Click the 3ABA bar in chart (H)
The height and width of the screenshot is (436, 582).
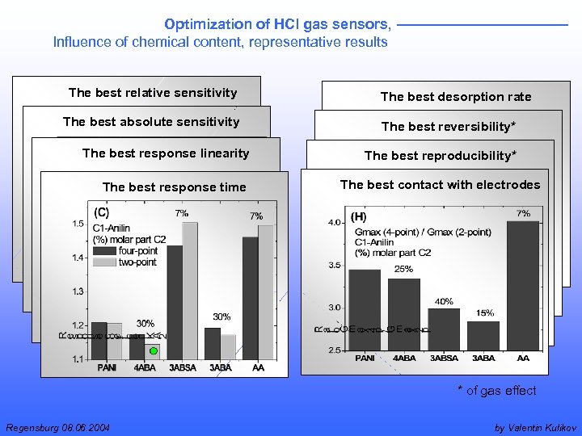[x=483, y=335]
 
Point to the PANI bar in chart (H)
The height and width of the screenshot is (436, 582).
[x=365, y=310]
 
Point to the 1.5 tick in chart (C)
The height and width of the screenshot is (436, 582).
[x=78, y=224]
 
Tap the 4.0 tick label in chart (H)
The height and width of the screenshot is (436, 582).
[x=333, y=222]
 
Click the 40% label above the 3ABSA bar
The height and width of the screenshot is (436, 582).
[x=444, y=301]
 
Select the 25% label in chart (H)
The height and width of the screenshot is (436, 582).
[x=403, y=269]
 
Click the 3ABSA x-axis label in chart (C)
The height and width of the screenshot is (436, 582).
[x=182, y=367]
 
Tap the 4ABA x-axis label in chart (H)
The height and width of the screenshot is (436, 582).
[x=403, y=358]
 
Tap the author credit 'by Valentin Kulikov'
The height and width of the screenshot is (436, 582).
[x=533, y=427]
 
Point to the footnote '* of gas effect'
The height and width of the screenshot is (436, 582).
[x=496, y=391]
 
